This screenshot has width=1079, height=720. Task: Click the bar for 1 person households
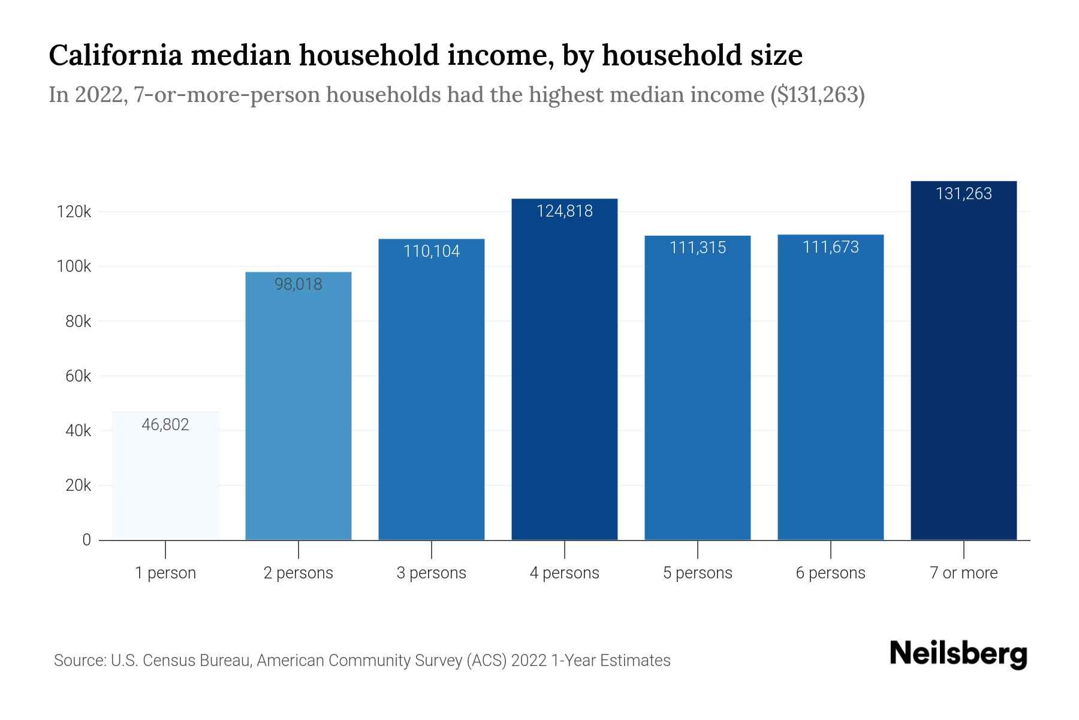[x=165, y=480]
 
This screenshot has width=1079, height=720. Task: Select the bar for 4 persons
[x=564, y=372]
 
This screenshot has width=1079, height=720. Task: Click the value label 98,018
[x=299, y=284]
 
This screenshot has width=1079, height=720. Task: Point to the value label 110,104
[x=432, y=251]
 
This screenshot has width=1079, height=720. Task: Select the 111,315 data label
[x=698, y=247]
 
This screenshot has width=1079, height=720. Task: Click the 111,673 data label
[x=831, y=247]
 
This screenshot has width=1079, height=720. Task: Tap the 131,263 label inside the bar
[x=963, y=194]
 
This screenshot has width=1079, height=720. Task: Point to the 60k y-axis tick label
[x=78, y=376]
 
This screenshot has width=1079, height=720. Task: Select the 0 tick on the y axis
[x=86, y=540]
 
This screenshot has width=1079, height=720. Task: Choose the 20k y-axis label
[x=78, y=485]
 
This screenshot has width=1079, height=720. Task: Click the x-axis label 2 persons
[x=299, y=573]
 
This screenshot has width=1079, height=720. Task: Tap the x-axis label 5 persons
[x=698, y=573]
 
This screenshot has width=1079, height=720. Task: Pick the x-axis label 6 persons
[x=831, y=573]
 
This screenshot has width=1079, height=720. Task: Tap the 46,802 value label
[x=165, y=425]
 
